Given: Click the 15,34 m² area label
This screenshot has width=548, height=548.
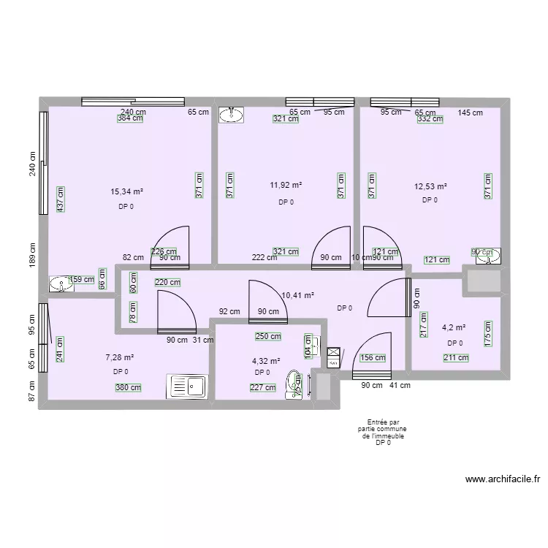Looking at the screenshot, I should point(126,192).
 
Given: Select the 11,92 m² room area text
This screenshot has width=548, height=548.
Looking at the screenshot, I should point(286,186).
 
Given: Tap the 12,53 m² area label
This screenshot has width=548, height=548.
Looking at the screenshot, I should point(430,187).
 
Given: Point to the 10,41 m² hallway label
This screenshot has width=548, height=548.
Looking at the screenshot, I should point(297,295).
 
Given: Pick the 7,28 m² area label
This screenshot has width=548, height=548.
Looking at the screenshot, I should point(120,357).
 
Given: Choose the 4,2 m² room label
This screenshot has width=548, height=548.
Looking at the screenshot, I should point(456,329).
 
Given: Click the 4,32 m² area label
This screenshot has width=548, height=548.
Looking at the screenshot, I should point(266,360).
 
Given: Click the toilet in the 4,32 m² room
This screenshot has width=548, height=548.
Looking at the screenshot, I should point(294,384).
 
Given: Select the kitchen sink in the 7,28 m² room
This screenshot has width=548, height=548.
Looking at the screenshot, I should point(188,386).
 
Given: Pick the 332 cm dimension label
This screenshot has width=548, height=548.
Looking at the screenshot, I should point(430,120).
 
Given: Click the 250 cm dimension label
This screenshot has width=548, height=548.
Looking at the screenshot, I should point(268,336).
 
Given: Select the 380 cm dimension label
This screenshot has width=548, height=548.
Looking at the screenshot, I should point(128,388).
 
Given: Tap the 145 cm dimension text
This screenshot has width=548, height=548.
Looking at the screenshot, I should point(471,113).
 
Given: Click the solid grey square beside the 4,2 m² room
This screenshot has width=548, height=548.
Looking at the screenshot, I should point(481,283).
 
